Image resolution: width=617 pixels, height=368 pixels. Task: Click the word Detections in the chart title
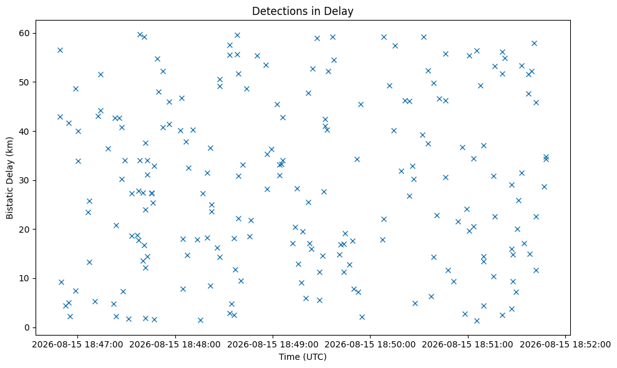[273, 11]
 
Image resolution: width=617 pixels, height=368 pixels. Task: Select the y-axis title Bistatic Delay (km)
[10, 178]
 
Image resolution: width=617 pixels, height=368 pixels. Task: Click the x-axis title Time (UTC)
[303, 357]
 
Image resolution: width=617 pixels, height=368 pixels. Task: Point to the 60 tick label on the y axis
[24, 33]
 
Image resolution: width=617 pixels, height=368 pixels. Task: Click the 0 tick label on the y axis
[27, 327]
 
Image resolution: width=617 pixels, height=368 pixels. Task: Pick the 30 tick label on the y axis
[24, 180]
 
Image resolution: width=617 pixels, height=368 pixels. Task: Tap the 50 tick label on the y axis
[24, 82]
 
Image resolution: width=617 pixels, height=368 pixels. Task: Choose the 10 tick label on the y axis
[24, 278]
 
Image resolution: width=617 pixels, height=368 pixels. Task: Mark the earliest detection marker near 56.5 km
[61, 50]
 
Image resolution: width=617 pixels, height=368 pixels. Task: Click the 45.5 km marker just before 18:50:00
[361, 104]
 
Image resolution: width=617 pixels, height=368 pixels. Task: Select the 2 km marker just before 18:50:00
[362, 317]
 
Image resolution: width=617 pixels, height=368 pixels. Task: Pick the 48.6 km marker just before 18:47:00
[75, 89]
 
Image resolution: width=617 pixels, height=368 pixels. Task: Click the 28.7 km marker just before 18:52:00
[544, 186]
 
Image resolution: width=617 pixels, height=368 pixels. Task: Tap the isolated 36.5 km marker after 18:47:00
[108, 149]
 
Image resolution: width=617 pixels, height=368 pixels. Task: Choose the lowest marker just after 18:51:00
[477, 321]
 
